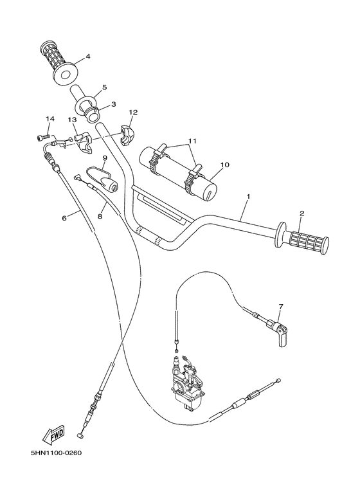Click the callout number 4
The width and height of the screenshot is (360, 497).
(x=88, y=57)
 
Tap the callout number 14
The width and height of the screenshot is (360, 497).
(x=50, y=119)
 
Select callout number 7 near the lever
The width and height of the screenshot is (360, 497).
(x=280, y=306)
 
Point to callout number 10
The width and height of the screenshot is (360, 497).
(x=225, y=165)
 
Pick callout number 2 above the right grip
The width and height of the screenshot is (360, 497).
(x=301, y=213)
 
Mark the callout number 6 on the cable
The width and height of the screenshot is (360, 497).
(x=64, y=218)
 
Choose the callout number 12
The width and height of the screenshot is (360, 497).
(x=133, y=112)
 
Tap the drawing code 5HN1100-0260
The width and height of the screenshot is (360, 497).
(x=55, y=452)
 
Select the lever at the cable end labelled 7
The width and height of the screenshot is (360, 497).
(x=281, y=337)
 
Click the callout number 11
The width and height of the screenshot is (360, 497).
(x=191, y=141)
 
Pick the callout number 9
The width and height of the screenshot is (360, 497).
(x=104, y=158)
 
